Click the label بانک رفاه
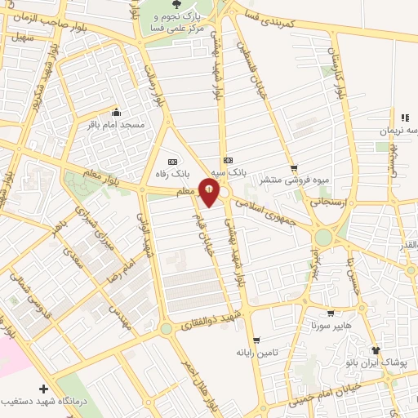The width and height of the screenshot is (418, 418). pyautogui.click(x=173, y=174)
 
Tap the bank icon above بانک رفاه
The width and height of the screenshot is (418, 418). pyautogui.click(x=172, y=161)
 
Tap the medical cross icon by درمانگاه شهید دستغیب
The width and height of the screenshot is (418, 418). pyautogui.click(x=43, y=389)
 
